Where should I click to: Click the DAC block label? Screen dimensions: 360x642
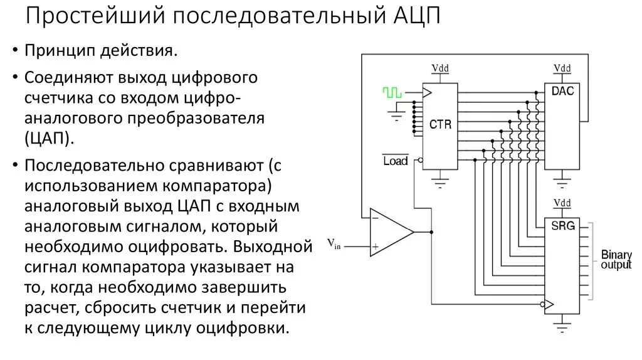tap(562, 92)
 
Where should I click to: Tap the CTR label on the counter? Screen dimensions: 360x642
tap(440, 125)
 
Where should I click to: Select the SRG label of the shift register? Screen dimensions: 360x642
tap(562, 225)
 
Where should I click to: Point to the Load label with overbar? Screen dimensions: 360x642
tap(395, 161)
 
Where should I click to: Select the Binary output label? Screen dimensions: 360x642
tap(616, 260)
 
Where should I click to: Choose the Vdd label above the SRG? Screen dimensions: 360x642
tap(562, 203)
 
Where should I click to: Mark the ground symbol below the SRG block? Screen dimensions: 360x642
tap(562, 326)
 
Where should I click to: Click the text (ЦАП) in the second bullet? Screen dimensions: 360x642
tap(50, 139)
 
